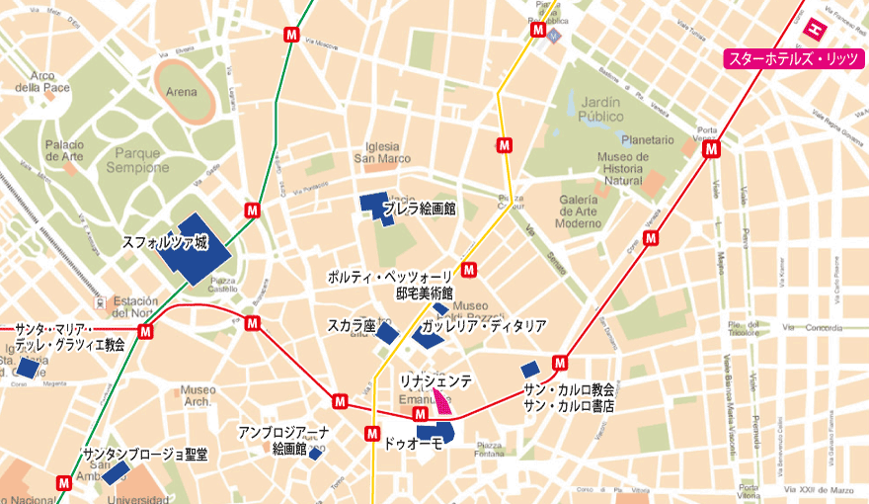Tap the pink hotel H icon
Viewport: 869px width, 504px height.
816,30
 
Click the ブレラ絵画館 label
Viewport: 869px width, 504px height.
419,210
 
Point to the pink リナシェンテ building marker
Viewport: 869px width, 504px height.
440,400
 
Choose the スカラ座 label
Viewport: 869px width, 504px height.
352,325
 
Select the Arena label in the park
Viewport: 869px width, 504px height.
182,93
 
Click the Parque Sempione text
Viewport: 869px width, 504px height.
140,160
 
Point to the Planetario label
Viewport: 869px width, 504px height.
648,140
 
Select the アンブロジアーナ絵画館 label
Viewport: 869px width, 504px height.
283,441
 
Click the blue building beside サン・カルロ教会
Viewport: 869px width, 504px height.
530,370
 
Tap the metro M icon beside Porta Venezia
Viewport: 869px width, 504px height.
711,149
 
